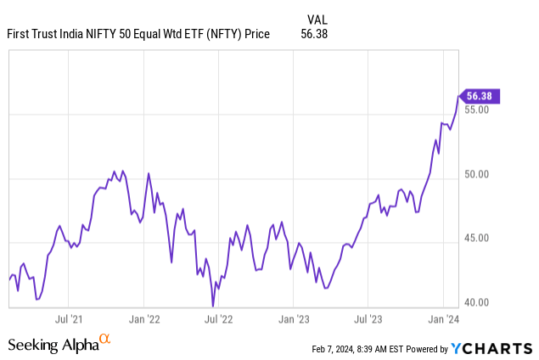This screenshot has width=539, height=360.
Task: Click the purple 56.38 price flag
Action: pos(480,97)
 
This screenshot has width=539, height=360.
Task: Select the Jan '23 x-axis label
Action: pos(293,319)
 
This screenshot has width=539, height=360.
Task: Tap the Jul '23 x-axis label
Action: pos(368,319)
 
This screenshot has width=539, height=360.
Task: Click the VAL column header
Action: pos(315,18)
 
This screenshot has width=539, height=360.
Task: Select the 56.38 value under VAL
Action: pos(314,34)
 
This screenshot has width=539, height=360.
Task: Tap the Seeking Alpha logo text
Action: pos(52,345)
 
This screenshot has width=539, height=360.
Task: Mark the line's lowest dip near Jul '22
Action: pos(213,306)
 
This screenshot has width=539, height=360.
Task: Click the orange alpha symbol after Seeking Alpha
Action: pos(105,340)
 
